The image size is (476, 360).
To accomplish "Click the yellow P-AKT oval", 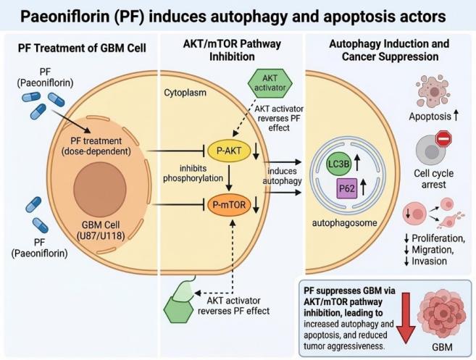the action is tap(229, 151).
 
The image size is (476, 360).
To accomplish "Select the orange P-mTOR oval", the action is tap(229, 205).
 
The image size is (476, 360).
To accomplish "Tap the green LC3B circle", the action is tap(339, 164).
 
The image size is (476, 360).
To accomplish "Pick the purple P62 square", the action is tap(347, 188).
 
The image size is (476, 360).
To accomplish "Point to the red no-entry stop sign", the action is tap(443, 138).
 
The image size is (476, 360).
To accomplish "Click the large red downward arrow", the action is tap(406, 318).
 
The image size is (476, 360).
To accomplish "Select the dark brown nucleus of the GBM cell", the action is tap(100, 188).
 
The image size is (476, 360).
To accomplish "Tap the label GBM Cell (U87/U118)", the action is tap(101, 230).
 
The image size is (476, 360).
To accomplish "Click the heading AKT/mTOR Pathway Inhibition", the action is tap(232, 50).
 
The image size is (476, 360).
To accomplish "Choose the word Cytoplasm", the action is tap(185, 93).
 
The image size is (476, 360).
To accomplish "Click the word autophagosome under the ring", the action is tap(345, 223).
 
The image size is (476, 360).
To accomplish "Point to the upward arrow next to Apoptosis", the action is tap(456, 116).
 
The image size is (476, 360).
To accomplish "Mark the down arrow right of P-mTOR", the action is tap(256, 205).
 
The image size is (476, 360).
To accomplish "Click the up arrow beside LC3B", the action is tap(357, 162).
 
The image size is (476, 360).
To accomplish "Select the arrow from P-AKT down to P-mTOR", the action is tap(229, 177).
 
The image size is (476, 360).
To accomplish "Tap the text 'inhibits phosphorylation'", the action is tap(193, 173).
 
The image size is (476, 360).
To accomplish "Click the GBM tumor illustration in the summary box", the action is tap(441, 316).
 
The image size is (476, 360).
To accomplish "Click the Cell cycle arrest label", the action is tap(433, 179).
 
